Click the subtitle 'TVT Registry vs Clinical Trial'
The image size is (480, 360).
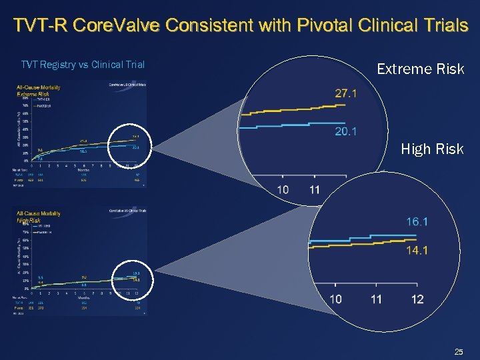[x=83, y=65]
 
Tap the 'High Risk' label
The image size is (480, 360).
[x=432, y=149]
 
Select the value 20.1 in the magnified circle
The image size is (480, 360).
[x=345, y=132]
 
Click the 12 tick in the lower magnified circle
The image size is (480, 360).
[x=417, y=299]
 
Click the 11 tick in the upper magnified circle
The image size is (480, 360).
[x=315, y=190]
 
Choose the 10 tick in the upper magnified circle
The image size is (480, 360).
[x=283, y=190]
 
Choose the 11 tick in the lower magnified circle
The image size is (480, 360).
[x=376, y=299]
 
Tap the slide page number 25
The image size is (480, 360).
[x=458, y=351]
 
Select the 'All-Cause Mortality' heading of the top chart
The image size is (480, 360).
[x=39, y=87]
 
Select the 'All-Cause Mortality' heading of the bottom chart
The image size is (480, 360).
[x=39, y=213]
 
